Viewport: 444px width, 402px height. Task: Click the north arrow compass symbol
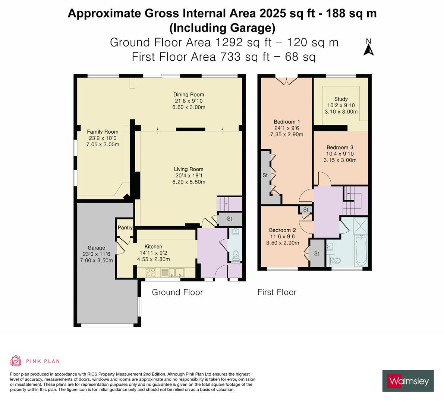tap(368, 48)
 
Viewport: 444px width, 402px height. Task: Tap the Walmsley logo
tap(408, 381)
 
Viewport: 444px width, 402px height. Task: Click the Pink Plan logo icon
tap(16, 361)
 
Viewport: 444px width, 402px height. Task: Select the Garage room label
tap(96, 248)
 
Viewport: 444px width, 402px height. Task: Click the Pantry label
tap(125, 227)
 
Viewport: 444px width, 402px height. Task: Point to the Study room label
tap(341, 99)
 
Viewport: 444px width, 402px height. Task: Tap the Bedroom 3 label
tap(340, 147)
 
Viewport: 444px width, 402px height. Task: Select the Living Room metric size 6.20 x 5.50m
tap(189, 182)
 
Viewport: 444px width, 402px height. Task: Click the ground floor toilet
tap(236, 256)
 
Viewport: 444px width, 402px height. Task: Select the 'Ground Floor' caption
tap(177, 292)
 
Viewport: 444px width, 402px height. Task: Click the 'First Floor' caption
tap(277, 292)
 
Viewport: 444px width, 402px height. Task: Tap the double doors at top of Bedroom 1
tap(286, 80)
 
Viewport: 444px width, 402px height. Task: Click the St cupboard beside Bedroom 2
tap(317, 253)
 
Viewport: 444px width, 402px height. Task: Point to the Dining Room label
tap(189, 95)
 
